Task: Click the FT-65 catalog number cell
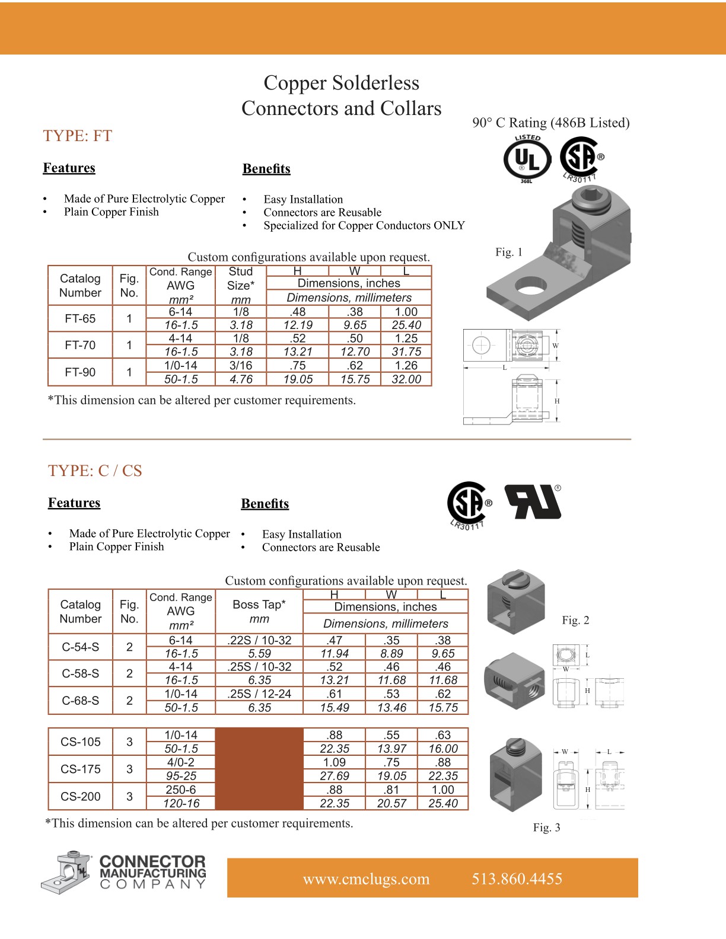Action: pyautogui.click(x=80, y=318)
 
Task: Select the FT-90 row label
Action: pyautogui.click(x=80, y=372)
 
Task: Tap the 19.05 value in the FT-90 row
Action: pyautogui.click(x=298, y=379)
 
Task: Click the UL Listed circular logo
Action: pyautogui.click(x=527, y=159)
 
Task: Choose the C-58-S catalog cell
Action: pyautogui.click(x=81, y=673)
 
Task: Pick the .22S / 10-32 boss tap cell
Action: pyautogui.click(x=259, y=640)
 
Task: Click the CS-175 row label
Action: pyautogui.click(x=81, y=769)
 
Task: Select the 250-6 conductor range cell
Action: pyautogui.click(x=181, y=790)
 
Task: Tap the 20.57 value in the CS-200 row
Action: pyautogui.click(x=391, y=803)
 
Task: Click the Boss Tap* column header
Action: pyautogui.click(x=259, y=605)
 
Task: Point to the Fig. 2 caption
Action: pyautogui.click(x=575, y=620)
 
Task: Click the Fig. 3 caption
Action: pyautogui.click(x=546, y=828)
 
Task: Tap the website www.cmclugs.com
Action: pyautogui.click(x=366, y=879)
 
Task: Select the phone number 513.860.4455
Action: pyautogui.click(x=517, y=879)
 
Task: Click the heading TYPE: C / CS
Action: pyautogui.click(x=95, y=471)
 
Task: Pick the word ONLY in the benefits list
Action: pyautogui.click(x=449, y=225)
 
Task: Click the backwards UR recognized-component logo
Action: pyautogui.click(x=533, y=502)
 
